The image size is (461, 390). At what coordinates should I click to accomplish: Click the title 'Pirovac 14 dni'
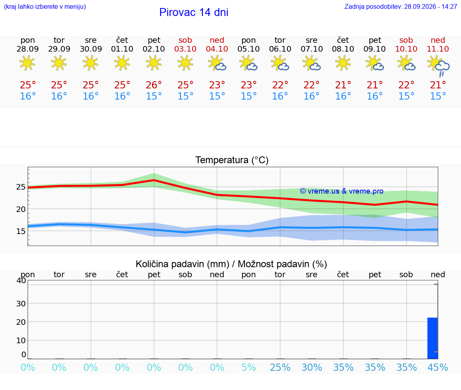194,12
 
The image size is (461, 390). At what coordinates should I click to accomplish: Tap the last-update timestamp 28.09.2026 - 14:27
431,6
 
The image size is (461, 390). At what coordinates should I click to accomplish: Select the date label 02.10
154,49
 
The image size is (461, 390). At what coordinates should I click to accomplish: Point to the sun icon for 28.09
27,62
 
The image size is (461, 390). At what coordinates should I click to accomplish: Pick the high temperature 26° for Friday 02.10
154,85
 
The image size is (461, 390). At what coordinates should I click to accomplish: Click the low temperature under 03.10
185,96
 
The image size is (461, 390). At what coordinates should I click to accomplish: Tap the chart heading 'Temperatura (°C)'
232,160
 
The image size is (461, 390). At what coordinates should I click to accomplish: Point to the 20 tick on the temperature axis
21,209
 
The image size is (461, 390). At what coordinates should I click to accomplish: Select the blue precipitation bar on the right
433,338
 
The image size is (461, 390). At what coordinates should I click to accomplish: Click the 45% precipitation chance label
438,367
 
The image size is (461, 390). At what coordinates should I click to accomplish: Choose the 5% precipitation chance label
249,367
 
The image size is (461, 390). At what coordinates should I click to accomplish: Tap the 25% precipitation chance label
280,367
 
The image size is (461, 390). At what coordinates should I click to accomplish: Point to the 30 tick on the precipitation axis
21,304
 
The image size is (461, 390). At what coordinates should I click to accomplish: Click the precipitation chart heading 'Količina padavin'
182,264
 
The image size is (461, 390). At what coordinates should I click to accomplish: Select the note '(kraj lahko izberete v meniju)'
45,6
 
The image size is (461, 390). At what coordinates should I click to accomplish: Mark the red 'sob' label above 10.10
406,40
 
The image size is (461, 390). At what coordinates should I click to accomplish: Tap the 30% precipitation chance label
312,367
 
